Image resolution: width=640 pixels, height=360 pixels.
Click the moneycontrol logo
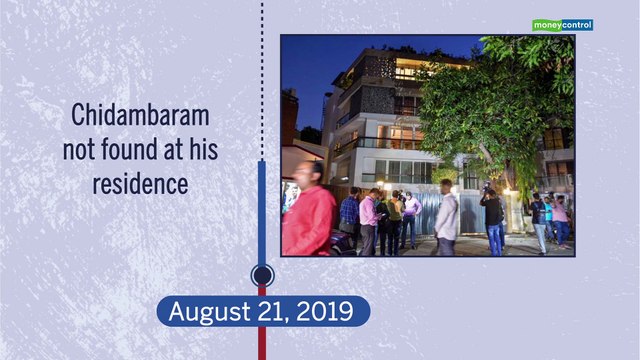pyautogui.click(x=562, y=25)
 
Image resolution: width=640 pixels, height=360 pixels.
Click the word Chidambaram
pyautogui.click(x=140, y=116)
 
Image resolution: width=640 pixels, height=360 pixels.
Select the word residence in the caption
pyautogui.click(x=140, y=185)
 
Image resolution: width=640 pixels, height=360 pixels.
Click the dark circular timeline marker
pyautogui.click(x=262, y=274)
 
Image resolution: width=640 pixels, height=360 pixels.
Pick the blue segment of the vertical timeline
pyautogui.click(x=262, y=210)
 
